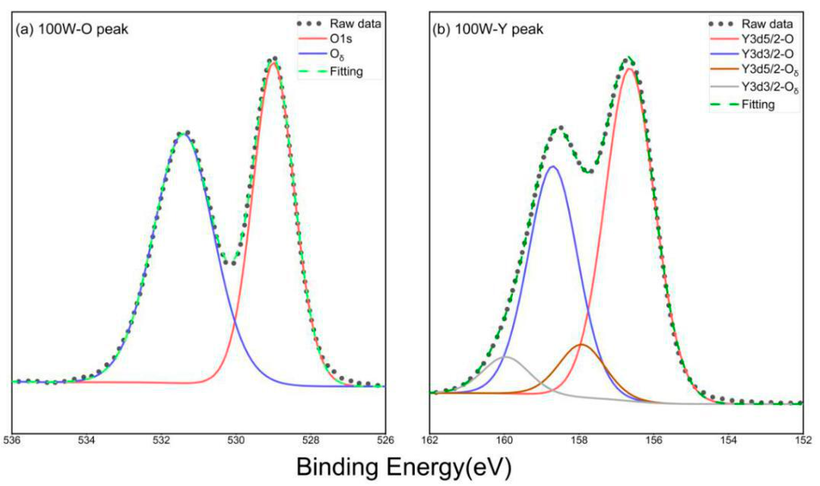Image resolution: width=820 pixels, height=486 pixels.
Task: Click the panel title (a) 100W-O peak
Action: (x=72, y=30)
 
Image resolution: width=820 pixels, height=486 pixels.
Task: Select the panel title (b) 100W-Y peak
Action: (x=488, y=30)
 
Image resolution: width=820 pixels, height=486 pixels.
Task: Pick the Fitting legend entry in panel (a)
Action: (x=346, y=71)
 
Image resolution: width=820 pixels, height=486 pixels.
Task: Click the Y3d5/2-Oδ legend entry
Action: (x=769, y=70)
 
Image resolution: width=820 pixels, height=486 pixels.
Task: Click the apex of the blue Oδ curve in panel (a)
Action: (x=184, y=134)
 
